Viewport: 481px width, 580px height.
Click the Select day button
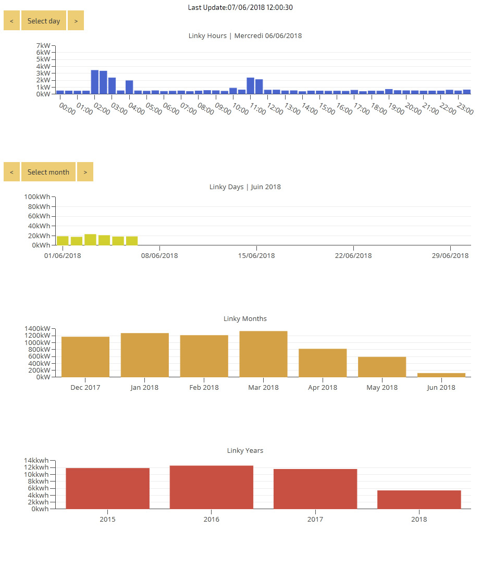coord(44,21)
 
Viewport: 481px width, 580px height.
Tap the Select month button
coord(48,172)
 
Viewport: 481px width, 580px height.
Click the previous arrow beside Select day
coord(11,21)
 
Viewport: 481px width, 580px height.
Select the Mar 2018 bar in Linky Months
coord(263,354)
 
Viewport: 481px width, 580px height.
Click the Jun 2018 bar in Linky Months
coord(441,375)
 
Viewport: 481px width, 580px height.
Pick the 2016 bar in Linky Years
coord(211,487)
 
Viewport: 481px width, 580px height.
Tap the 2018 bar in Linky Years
coord(419,499)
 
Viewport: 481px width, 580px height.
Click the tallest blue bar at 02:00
coord(95,82)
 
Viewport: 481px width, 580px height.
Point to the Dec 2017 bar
coord(85,357)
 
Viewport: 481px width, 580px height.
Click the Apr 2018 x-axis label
coord(323,388)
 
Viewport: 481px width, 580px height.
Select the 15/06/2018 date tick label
coord(256,256)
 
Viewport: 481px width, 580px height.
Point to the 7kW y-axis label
coord(43,46)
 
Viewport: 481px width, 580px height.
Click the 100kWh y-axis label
coord(38,196)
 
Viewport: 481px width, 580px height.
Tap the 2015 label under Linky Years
coord(107,520)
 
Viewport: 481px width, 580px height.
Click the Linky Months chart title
coord(245,319)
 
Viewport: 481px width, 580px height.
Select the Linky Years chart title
coord(245,451)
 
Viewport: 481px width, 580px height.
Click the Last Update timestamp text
coord(240,8)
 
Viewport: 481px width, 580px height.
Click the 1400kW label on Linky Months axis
coord(38,329)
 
